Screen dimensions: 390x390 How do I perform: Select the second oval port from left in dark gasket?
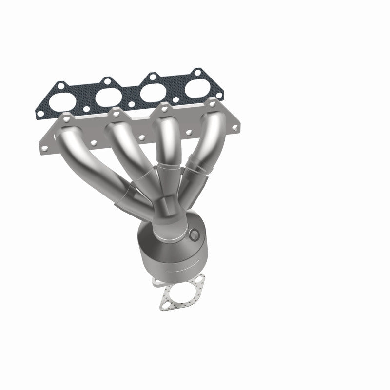[108, 96]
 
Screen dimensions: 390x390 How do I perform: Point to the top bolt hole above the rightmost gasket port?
[197, 74]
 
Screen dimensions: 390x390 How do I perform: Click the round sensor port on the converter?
[195, 234]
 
